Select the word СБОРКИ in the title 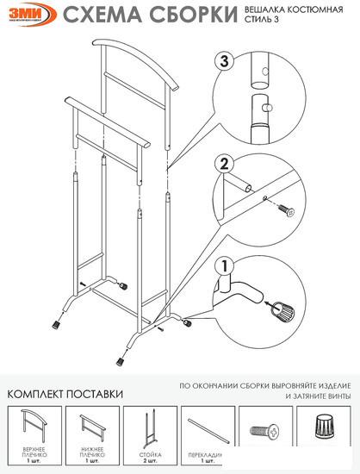point(192,15)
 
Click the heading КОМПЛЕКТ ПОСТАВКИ point(65,394)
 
